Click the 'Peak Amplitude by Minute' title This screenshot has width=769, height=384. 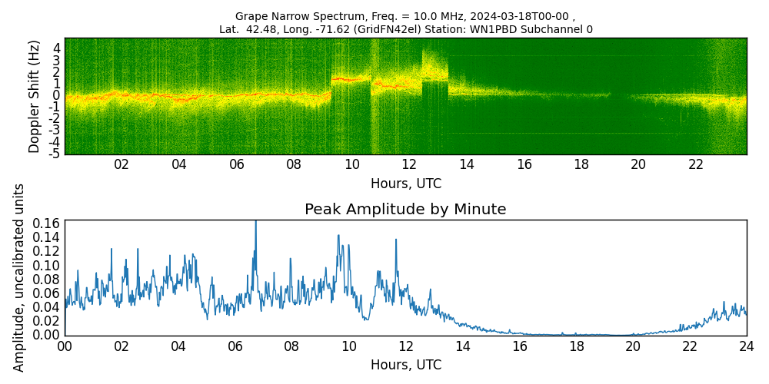point(405,210)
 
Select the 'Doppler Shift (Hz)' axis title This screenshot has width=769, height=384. point(35,96)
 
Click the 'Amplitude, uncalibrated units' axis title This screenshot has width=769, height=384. point(19,277)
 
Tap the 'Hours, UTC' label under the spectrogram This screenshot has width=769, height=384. point(405,184)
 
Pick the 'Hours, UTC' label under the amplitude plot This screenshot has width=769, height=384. point(405,365)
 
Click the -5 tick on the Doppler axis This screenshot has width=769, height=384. point(55,154)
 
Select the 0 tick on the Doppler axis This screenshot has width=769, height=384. point(57,95)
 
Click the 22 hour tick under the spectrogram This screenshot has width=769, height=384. point(696,165)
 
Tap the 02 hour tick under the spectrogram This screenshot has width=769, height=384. point(122,165)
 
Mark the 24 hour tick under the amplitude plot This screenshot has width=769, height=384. point(747,346)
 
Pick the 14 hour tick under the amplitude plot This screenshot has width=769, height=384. point(462,346)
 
